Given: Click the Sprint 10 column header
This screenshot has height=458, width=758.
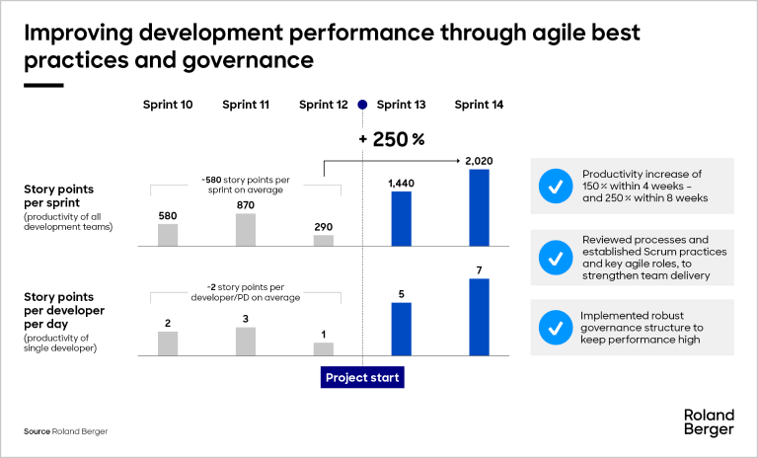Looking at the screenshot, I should [168, 106].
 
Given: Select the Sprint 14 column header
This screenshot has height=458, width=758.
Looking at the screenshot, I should [478, 106].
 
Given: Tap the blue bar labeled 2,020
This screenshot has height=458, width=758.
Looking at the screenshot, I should [479, 207].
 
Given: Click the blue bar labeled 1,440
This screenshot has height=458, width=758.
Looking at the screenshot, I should [401, 218].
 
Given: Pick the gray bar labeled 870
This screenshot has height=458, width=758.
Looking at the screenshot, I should [246, 229].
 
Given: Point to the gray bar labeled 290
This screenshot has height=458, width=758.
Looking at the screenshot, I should [324, 240].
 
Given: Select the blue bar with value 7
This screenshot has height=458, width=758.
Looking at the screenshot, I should [479, 317].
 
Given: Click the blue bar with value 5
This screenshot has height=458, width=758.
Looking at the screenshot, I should [401, 329].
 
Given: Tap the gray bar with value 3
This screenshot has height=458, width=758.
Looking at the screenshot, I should [246, 341].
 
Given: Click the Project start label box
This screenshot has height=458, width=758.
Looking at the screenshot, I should [364, 377].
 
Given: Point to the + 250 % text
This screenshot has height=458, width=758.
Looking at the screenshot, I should [394, 140].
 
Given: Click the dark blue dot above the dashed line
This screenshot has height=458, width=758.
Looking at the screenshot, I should [362, 106].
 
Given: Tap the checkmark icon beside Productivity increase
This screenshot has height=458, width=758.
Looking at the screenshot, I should [556, 185].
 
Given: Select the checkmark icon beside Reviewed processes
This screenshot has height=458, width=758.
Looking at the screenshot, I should [556, 257].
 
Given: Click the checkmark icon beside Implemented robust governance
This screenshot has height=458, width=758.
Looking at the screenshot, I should [556, 327].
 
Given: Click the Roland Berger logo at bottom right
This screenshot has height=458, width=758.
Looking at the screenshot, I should [708, 422].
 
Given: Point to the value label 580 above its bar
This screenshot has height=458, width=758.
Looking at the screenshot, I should [168, 215].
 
